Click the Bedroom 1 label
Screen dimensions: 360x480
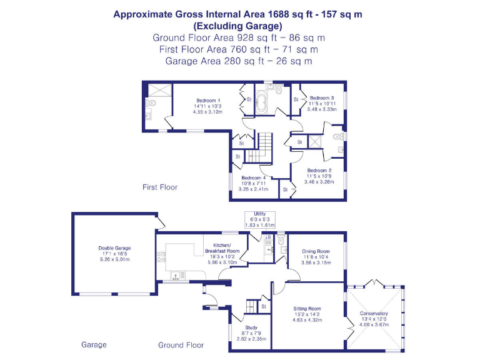pos(207,101)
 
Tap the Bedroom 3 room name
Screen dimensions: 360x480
pos(322,97)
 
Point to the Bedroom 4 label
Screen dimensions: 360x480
pos(254,177)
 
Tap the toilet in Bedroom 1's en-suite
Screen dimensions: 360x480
pos(151,103)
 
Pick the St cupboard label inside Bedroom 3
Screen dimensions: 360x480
pos(296,99)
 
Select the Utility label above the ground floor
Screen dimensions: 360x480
pos(260,214)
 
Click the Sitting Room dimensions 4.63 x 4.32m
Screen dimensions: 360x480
pos(307,319)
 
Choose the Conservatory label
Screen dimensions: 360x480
pos(374,313)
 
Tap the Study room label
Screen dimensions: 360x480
pos(251,327)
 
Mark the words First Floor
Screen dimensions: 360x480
pos(159,187)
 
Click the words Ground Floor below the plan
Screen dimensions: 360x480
pos(181,345)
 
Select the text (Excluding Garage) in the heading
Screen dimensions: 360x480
pos(237,26)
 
